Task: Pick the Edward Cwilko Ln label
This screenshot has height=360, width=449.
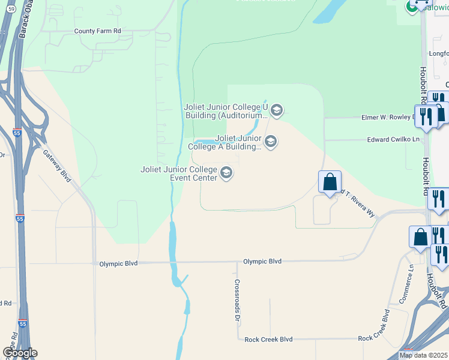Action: pos(393,139)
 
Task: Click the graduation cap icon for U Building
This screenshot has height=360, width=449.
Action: pos(276,110)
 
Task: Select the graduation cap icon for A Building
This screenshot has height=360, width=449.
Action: pos(271,142)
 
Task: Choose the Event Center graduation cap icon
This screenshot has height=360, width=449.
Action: pos(226,173)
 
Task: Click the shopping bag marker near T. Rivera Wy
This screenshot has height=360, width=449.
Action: pos(330,182)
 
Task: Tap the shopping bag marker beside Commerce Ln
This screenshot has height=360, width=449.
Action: pos(420,237)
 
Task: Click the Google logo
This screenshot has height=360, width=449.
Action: pos(20,353)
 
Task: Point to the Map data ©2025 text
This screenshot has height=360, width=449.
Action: pos(423,355)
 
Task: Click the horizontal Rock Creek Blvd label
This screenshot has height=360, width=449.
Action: pos(268,339)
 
